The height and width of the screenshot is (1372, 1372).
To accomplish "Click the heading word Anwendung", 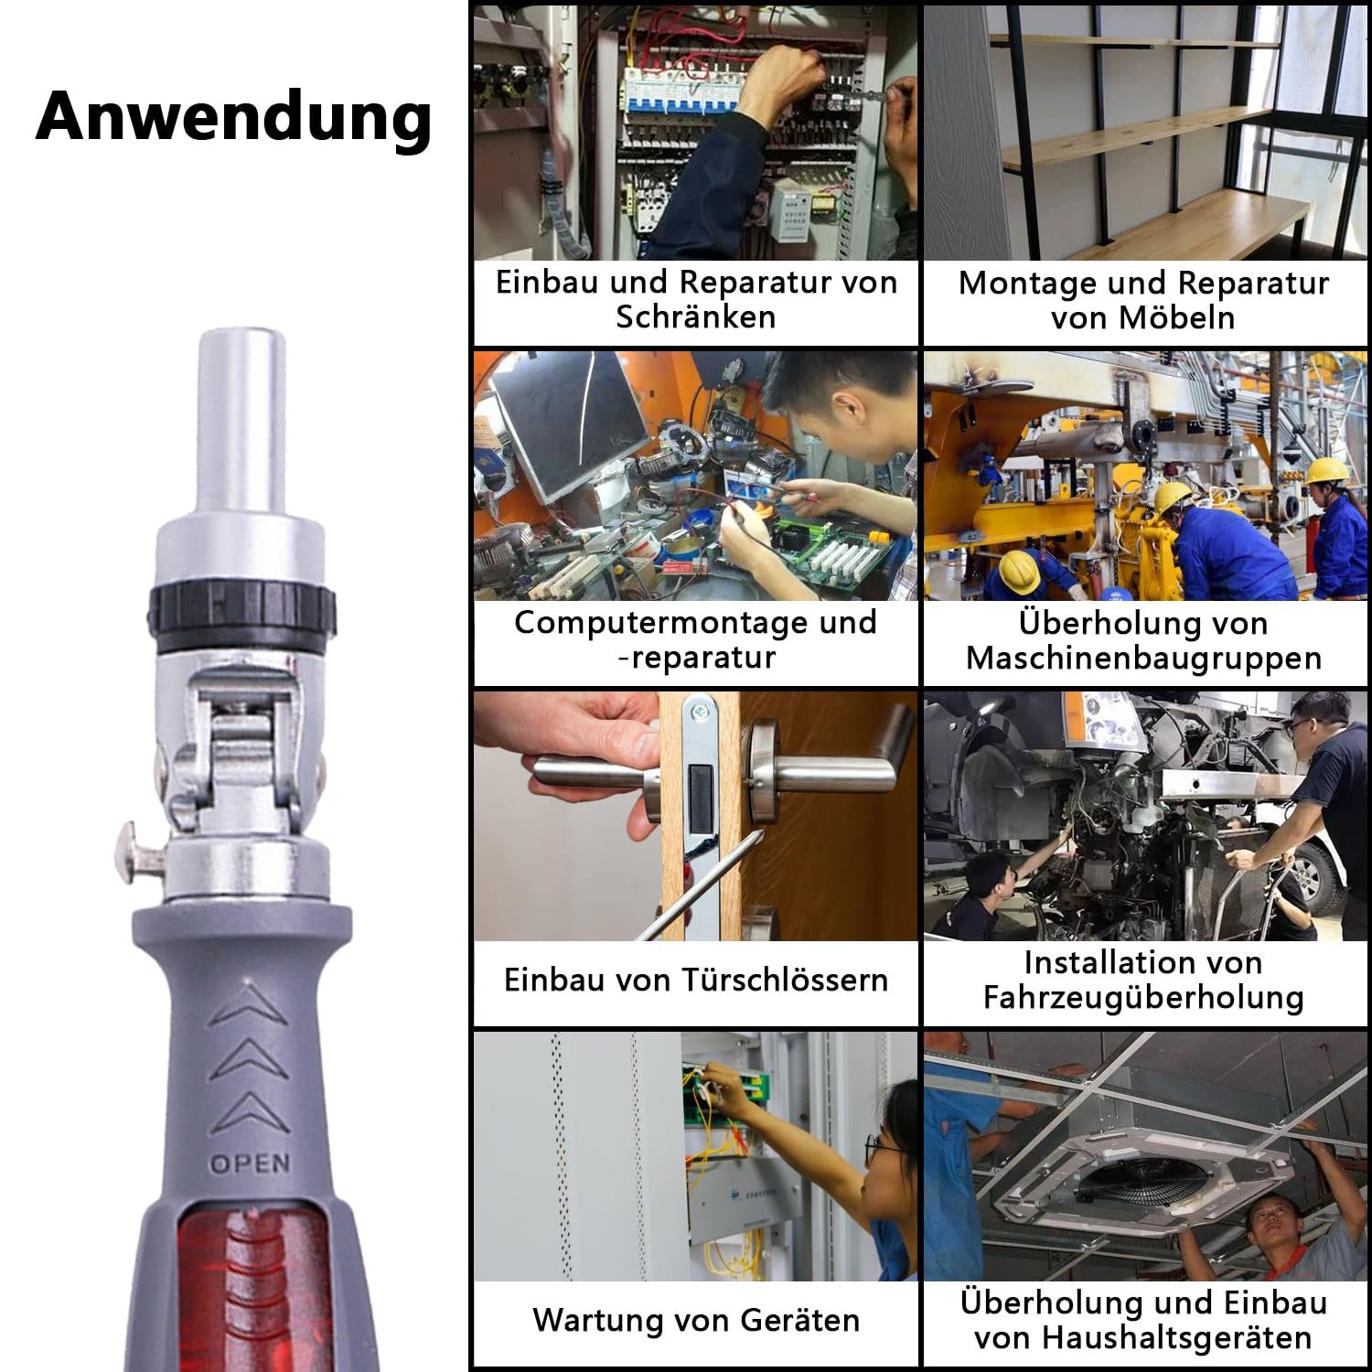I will click(x=234, y=117).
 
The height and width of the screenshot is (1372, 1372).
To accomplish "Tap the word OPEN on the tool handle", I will click(x=250, y=1163).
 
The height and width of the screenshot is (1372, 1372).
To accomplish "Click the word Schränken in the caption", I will click(x=695, y=316).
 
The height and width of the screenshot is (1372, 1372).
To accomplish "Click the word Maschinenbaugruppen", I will click(x=1143, y=658).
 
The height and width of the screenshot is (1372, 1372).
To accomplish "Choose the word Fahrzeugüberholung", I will click(x=1143, y=997).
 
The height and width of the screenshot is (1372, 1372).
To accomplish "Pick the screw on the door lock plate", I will click(x=701, y=709).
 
